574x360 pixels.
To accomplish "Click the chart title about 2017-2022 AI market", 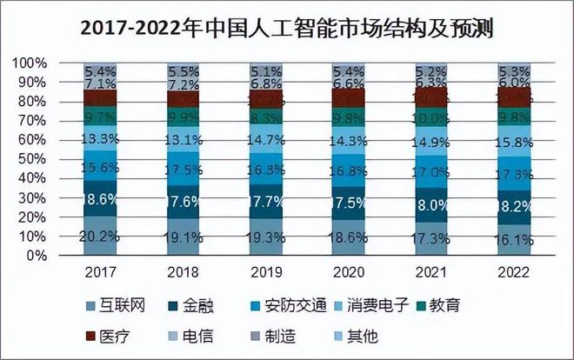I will point(287,30).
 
